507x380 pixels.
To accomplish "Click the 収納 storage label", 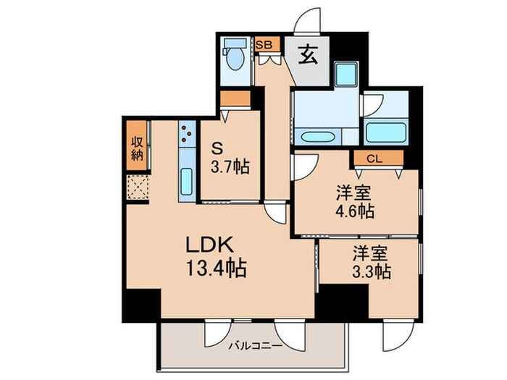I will click(x=136, y=148).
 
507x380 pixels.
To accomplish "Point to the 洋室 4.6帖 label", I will click(x=353, y=203).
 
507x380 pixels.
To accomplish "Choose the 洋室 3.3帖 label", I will click(x=372, y=263).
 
